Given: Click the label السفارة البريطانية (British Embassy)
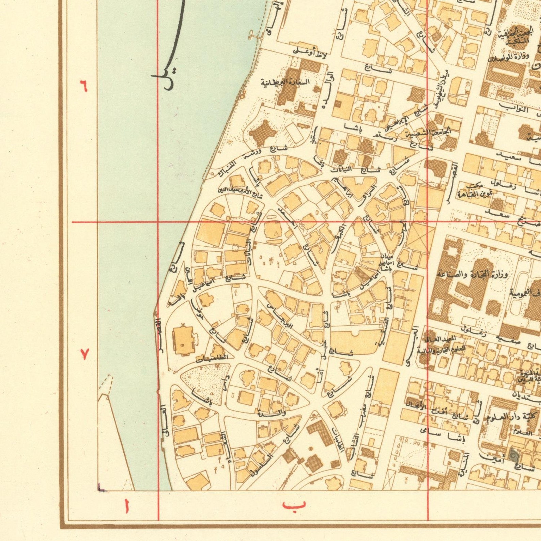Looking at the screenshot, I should (x=285, y=82).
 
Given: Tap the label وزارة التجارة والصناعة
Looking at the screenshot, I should (x=473, y=274).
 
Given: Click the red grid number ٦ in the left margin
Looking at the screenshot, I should (x=83, y=86).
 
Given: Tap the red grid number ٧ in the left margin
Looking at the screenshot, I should (x=84, y=354).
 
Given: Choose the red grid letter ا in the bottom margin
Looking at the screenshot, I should (x=127, y=506).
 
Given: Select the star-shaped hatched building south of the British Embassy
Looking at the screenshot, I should (x=262, y=133).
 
